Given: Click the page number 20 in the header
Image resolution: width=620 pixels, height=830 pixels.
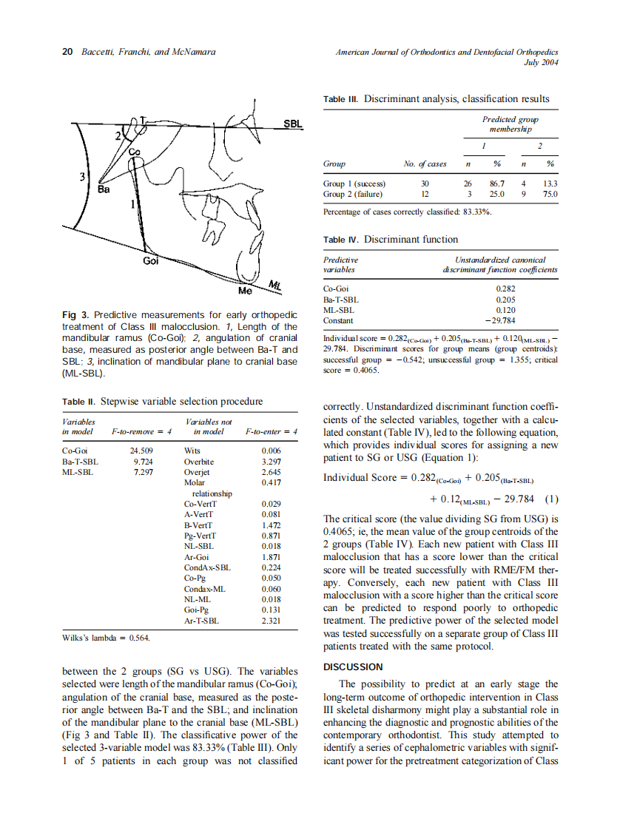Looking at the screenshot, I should (x=67, y=53).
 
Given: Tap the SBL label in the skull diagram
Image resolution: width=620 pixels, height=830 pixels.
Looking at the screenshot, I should (x=294, y=124).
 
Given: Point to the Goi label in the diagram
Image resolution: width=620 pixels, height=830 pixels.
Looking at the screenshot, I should (x=150, y=261).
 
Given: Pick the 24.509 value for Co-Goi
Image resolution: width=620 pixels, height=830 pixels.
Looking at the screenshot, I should (x=141, y=450).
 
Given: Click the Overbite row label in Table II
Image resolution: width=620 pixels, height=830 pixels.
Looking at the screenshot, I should (x=198, y=461).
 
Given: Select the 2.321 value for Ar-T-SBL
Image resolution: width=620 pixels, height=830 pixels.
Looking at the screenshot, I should (x=272, y=621).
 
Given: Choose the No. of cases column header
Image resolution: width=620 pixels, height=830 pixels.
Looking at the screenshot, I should (x=425, y=164).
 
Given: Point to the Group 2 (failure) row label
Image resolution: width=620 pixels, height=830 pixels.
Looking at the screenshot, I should (x=353, y=195).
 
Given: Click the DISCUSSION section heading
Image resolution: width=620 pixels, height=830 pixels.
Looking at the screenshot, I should (x=354, y=667).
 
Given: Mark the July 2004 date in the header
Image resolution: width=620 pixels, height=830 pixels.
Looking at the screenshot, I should (x=540, y=63).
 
